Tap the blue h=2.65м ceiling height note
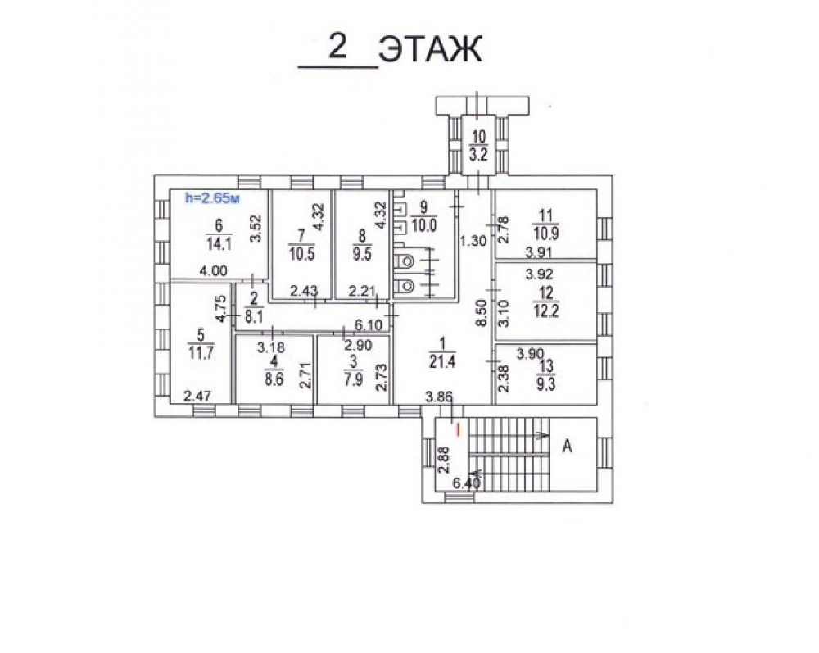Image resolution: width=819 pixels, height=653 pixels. click(214, 197)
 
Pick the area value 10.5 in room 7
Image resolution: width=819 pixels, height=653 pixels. click(301, 251)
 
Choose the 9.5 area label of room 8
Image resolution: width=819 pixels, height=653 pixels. click(361, 251)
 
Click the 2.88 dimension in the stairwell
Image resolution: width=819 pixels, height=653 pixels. click(443, 459)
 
